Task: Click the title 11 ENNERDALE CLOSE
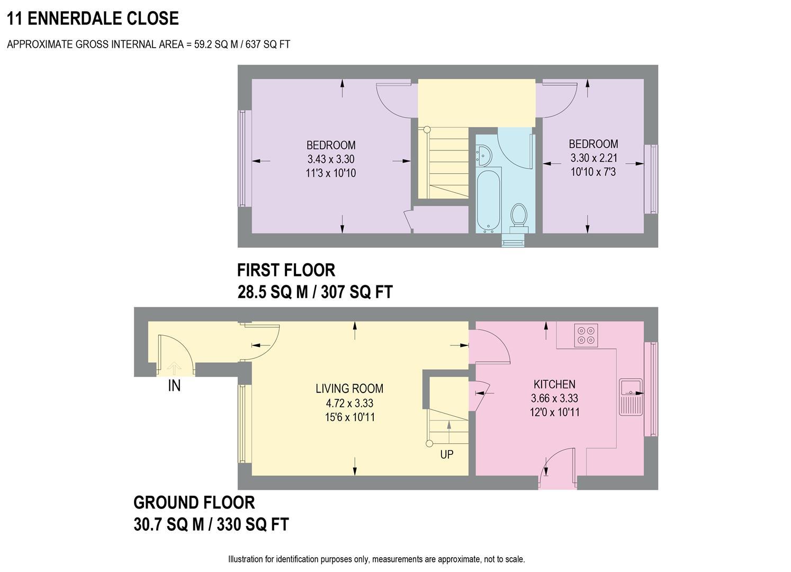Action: [x=93, y=19]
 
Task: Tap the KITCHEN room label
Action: [x=554, y=385]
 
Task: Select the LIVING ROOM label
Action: [x=349, y=389]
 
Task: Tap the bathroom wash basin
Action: [x=483, y=154]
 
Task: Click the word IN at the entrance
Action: [x=174, y=386]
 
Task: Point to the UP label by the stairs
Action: [x=447, y=454]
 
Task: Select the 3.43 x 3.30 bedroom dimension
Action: [x=331, y=159]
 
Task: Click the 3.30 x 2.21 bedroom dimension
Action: [x=593, y=158]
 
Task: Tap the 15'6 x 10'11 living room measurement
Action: [x=349, y=417]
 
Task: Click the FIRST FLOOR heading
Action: [x=286, y=270]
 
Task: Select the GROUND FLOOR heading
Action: [x=194, y=502]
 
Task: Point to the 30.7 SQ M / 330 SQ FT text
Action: [x=211, y=524]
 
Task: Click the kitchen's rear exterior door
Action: [x=557, y=464]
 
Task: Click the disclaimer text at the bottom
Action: [x=376, y=559]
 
